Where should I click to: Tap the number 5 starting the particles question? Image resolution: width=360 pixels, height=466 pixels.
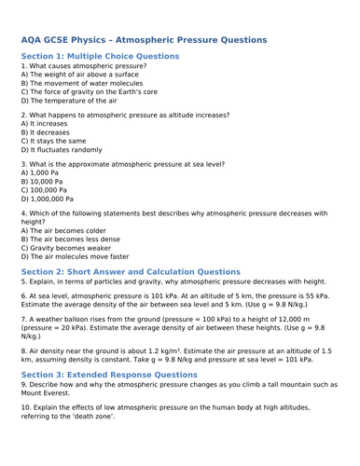tap(23, 281)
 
